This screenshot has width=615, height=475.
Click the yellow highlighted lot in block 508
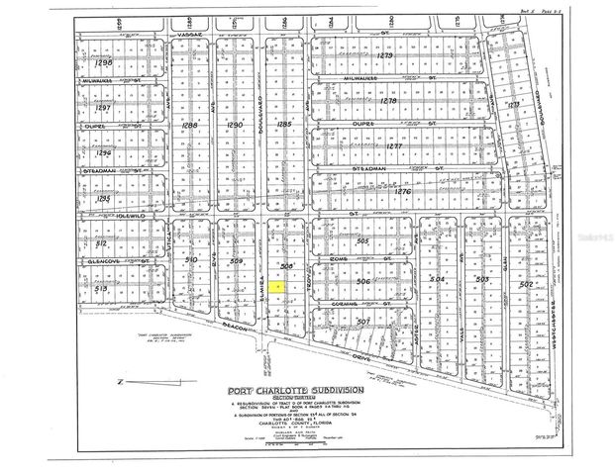[x=279, y=287]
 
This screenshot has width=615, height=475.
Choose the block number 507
[x=362, y=321]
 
